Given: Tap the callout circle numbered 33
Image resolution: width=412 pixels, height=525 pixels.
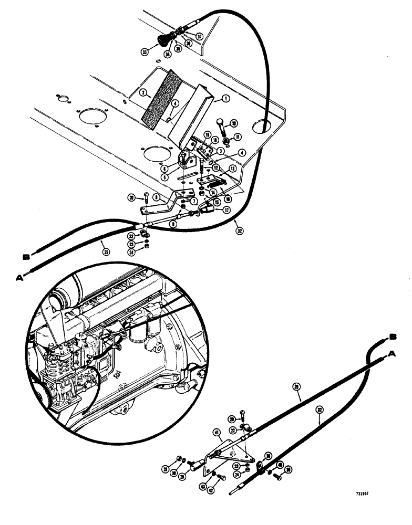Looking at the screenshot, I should (145, 52).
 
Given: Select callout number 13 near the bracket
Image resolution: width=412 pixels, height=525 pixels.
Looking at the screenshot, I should (232, 169).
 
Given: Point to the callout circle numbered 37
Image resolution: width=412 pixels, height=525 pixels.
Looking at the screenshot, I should (200, 36).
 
